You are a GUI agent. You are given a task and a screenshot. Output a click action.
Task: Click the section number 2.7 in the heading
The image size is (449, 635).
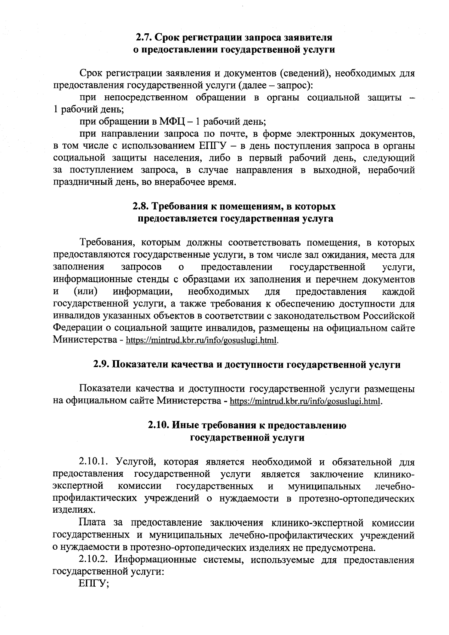[144, 37]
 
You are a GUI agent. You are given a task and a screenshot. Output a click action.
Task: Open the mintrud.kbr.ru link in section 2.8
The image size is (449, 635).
[202, 341]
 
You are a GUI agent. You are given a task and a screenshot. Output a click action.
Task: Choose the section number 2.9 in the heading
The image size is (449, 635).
[101, 364]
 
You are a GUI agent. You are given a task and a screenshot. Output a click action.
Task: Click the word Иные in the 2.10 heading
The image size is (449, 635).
[186, 425]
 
